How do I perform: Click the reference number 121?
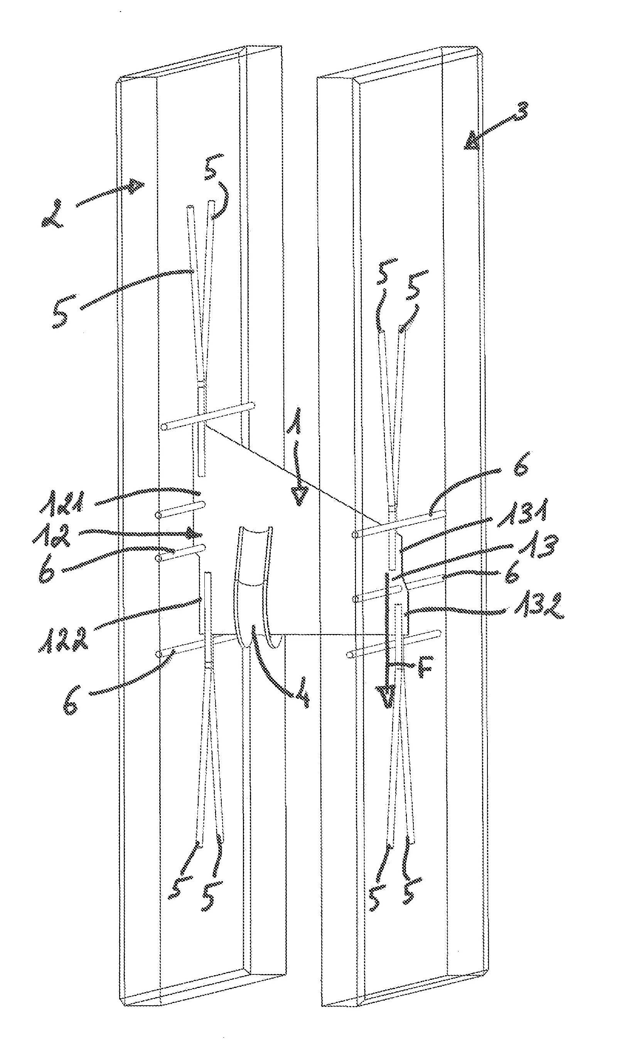pyautogui.click(x=68, y=504)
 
